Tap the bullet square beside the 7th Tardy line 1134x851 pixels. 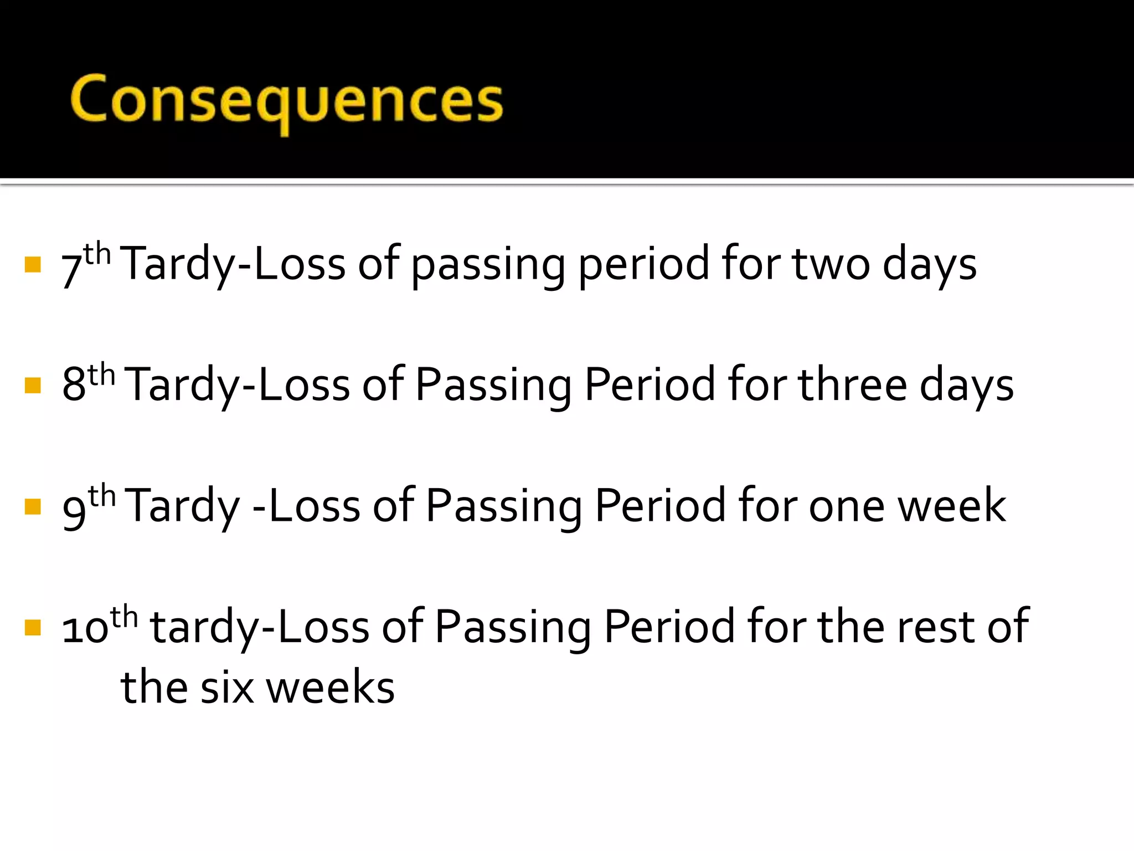coord(33,264)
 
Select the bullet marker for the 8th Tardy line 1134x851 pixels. coord(33,385)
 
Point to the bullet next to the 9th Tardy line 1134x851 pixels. coord(33,506)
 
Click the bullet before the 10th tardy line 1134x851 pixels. coord(33,628)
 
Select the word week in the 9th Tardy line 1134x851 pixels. coord(951,506)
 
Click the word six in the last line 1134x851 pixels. coord(227,688)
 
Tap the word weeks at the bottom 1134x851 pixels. coord(331,688)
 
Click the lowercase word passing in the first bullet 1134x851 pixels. coord(488,266)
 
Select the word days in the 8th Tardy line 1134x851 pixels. coord(966,386)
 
